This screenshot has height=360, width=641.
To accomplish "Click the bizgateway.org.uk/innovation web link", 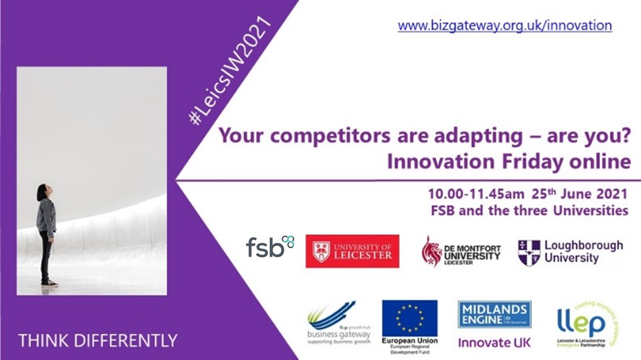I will [x=505, y=26].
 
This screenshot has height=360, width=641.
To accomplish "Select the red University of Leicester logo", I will [x=352, y=251].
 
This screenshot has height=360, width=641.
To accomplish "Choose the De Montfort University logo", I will [x=461, y=251].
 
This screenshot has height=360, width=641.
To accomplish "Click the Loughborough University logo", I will [x=569, y=251].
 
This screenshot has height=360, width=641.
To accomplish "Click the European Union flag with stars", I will [x=409, y=318].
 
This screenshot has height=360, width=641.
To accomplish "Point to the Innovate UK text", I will [x=494, y=342].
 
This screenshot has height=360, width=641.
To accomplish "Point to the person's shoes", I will [x=48, y=282].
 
